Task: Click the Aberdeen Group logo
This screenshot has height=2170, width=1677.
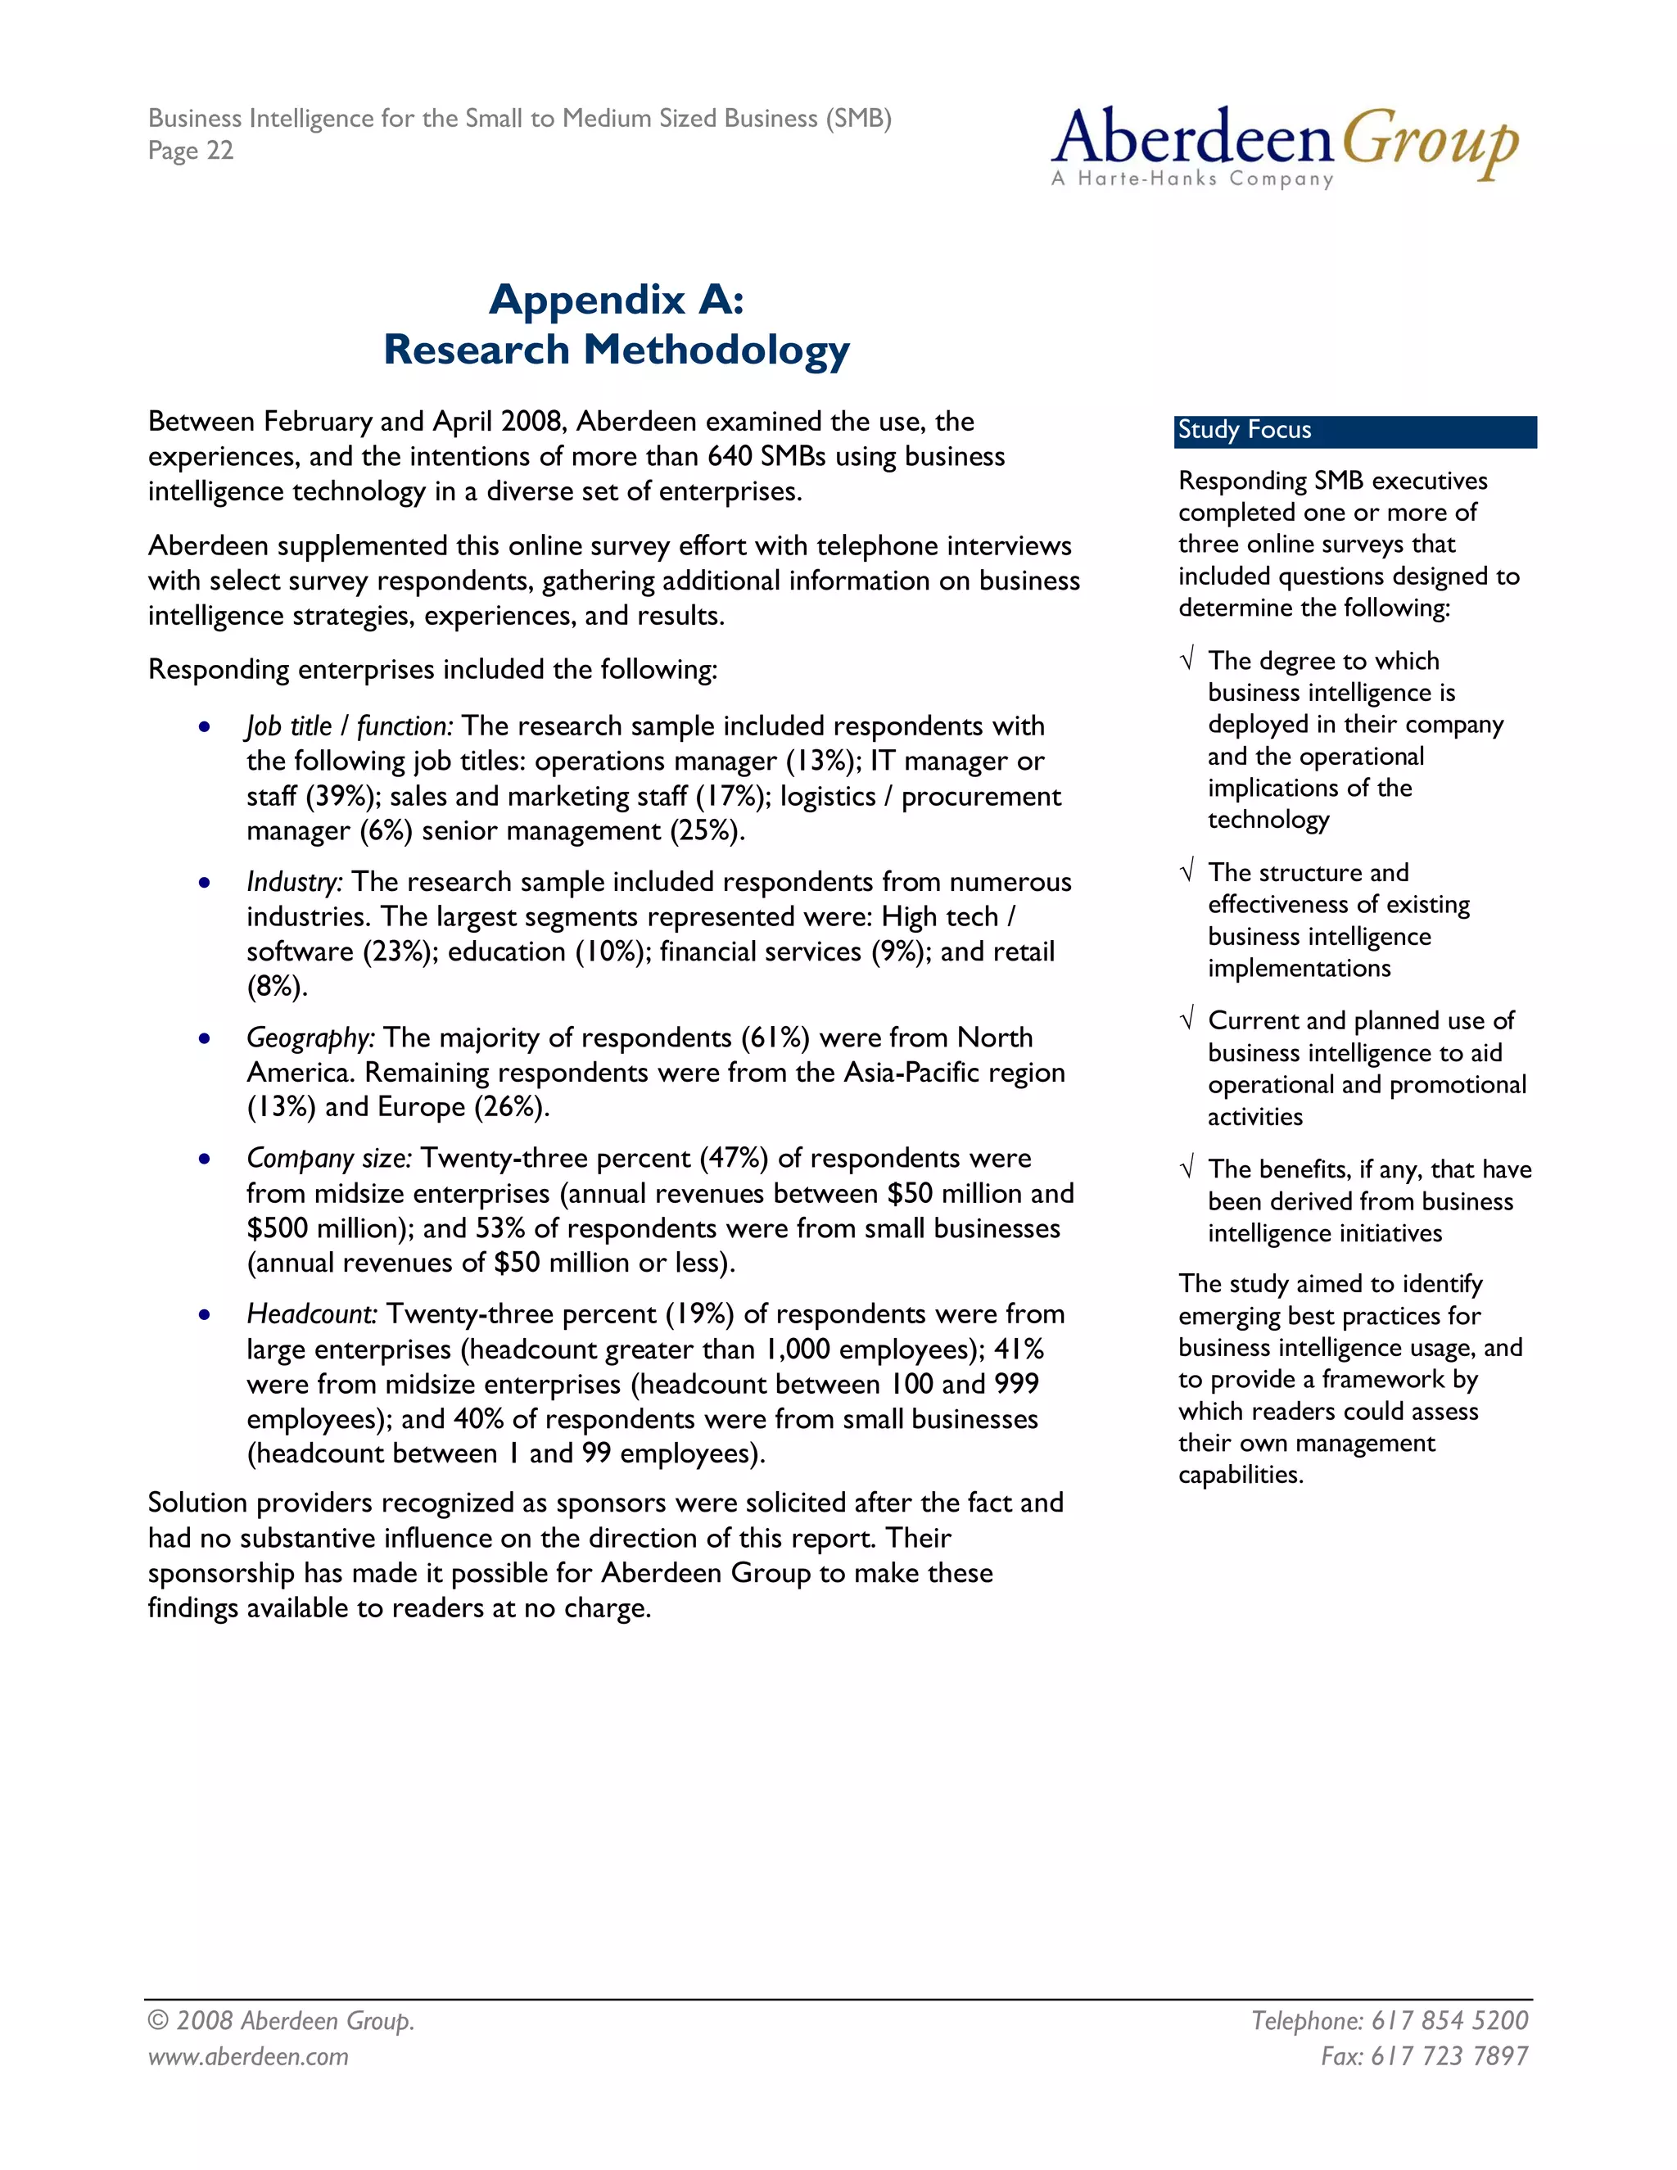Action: click(x=1284, y=146)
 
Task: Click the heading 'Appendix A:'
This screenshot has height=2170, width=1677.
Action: click(x=616, y=298)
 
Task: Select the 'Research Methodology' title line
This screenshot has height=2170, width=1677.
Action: click(x=616, y=349)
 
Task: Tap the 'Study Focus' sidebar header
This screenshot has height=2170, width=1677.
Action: click(x=1244, y=430)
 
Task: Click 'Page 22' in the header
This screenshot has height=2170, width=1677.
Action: click(x=191, y=150)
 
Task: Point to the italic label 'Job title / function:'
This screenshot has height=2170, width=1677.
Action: click(x=350, y=726)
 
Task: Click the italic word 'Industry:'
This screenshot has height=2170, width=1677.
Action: click(x=294, y=882)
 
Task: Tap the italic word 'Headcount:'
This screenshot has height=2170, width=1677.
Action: click(x=312, y=1314)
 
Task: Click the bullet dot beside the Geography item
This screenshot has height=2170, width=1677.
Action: click(x=204, y=1039)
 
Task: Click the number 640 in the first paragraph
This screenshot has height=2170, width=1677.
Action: click(x=730, y=456)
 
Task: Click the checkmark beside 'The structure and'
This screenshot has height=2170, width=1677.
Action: click(x=1187, y=872)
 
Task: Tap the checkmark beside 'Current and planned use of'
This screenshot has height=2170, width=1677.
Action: click(x=1187, y=1020)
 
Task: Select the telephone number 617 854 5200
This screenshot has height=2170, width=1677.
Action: click(x=1449, y=2020)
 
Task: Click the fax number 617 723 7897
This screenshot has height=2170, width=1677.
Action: click(x=1449, y=2055)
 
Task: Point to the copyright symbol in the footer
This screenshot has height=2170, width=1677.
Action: click(x=158, y=2021)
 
